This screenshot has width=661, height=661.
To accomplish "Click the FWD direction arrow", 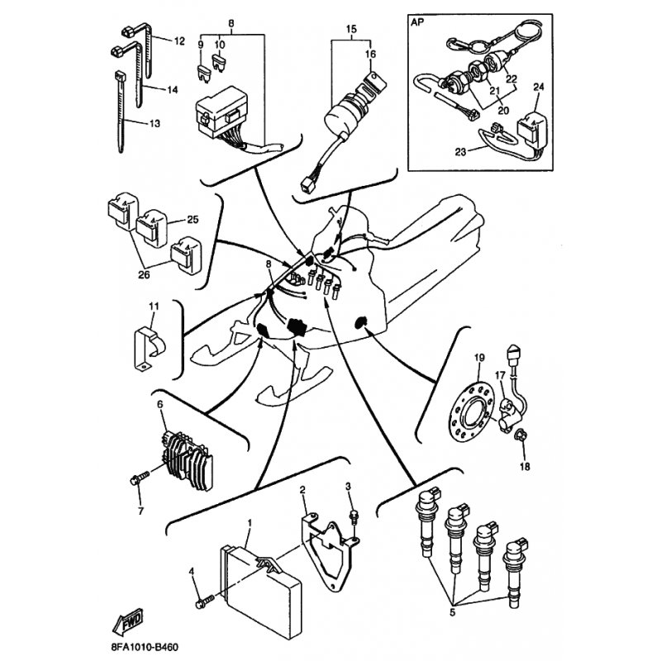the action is [x=128, y=621].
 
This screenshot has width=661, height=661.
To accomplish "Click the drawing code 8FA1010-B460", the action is [x=145, y=647].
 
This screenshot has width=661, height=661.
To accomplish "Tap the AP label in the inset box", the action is [x=418, y=22].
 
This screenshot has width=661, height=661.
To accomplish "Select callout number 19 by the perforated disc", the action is [x=479, y=358].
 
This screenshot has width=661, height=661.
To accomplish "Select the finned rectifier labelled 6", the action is [x=188, y=460].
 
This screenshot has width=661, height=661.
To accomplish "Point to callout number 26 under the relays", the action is [x=144, y=275].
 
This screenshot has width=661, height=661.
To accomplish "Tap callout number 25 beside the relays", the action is [x=193, y=220].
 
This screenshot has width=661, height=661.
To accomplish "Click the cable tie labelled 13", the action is [x=120, y=112].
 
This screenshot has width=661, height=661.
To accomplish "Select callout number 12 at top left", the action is [x=179, y=41].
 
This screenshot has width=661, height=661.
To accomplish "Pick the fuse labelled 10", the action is [x=220, y=63].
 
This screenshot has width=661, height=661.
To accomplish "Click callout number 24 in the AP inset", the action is [x=539, y=87].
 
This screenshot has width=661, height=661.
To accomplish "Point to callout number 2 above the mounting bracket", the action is [x=302, y=490].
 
